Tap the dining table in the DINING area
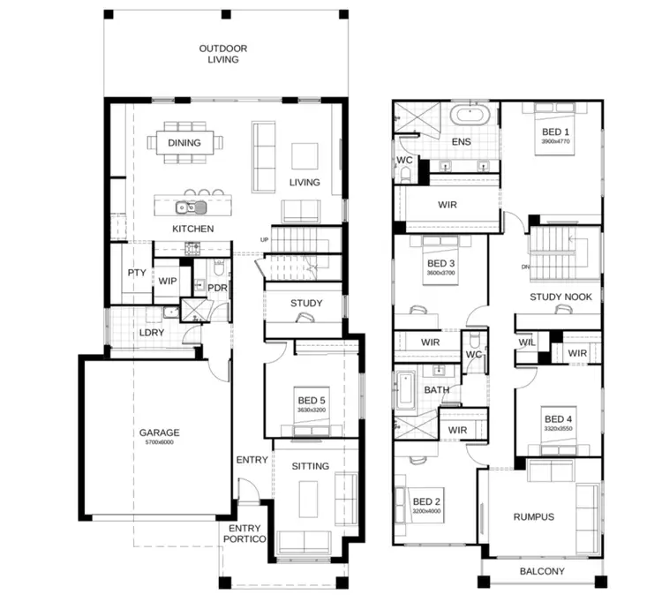tap(184, 142)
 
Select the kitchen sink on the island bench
tap(190, 207)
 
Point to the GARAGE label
tap(159, 433)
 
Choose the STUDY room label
tap(306, 304)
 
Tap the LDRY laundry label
tap(151, 333)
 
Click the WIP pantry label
tap(168, 281)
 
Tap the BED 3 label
tap(440, 264)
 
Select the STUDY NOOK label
tap(560, 297)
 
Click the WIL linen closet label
tap(526, 342)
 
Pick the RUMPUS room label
tap(534, 516)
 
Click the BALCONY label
tap(542, 572)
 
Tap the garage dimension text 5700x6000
tap(159, 443)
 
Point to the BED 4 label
tap(558, 419)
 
